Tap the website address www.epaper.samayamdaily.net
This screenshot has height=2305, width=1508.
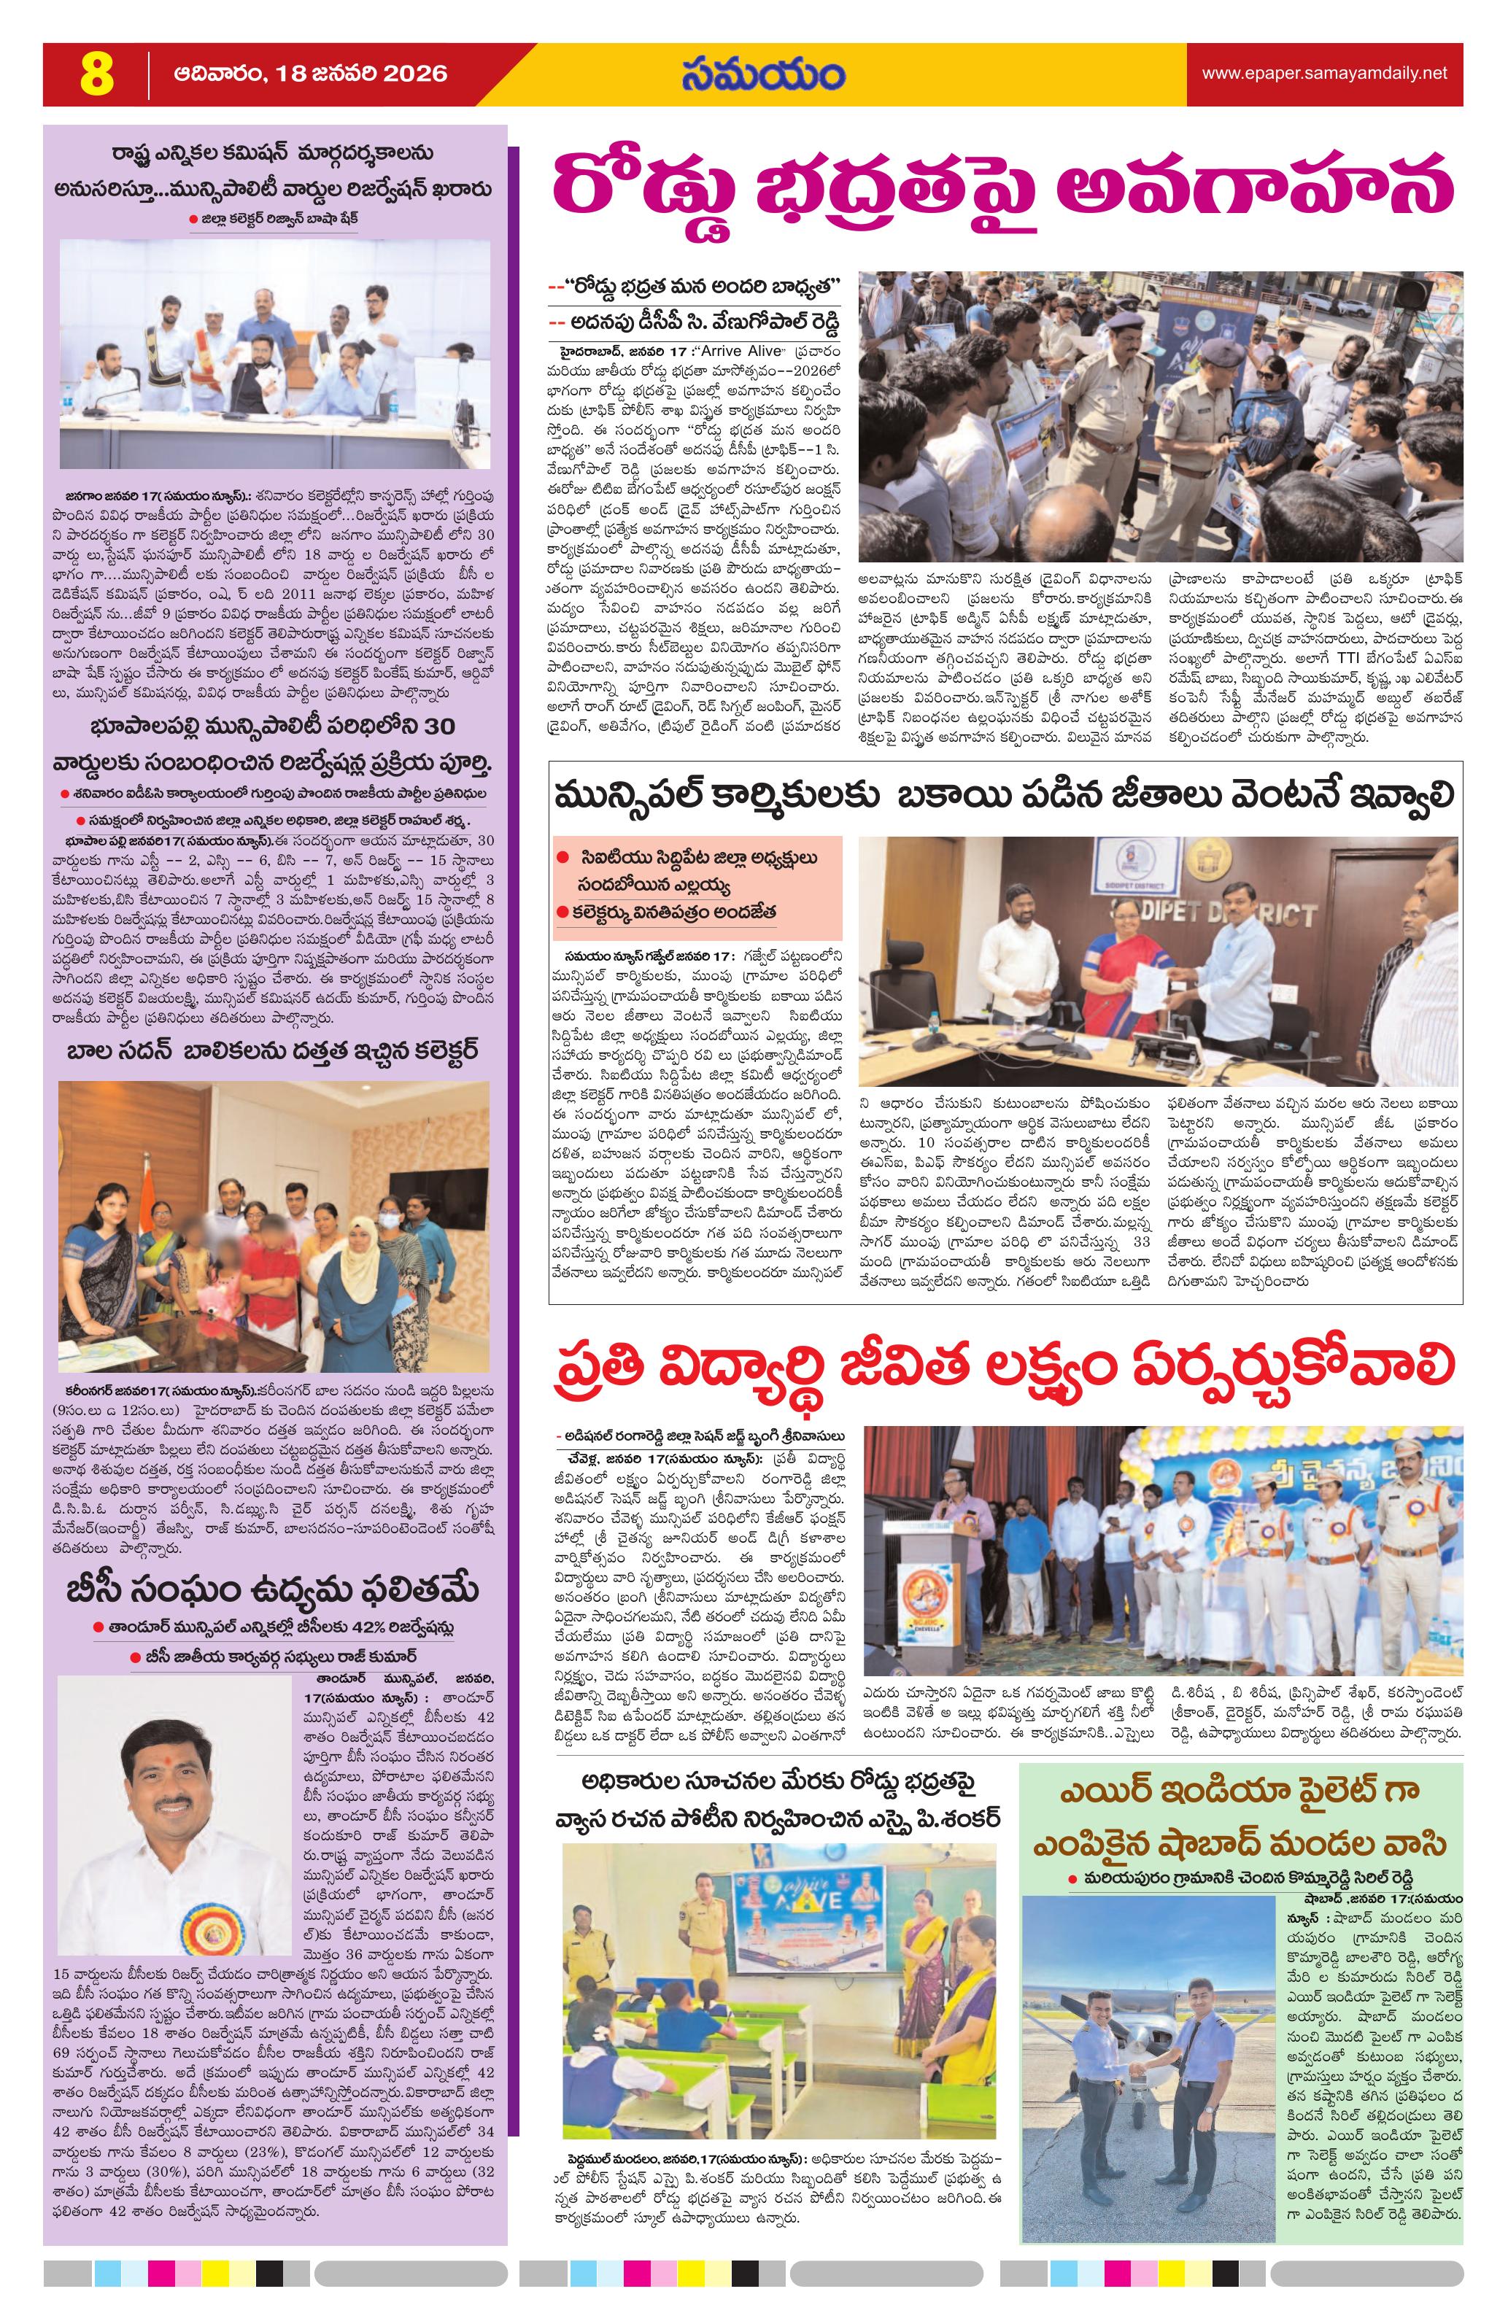(1324, 74)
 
